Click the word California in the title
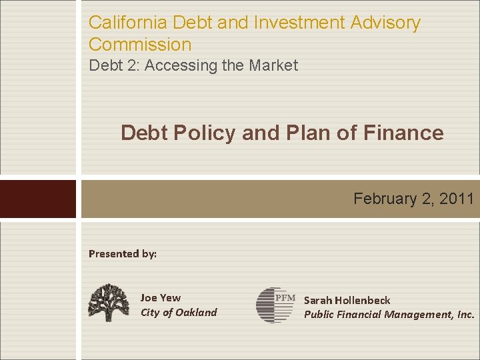coord(127,23)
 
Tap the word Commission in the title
coord(140,45)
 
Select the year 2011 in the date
coord(457,199)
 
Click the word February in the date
coord(383,199)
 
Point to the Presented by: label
coord(123,253)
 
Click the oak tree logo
coord(109,303)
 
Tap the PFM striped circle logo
coord(275,305)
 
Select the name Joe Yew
coord(161,298)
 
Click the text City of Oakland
coord(179,312)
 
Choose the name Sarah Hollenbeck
coord(347,301)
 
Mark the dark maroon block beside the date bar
coord(38,199)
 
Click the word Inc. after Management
coord(464,315)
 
